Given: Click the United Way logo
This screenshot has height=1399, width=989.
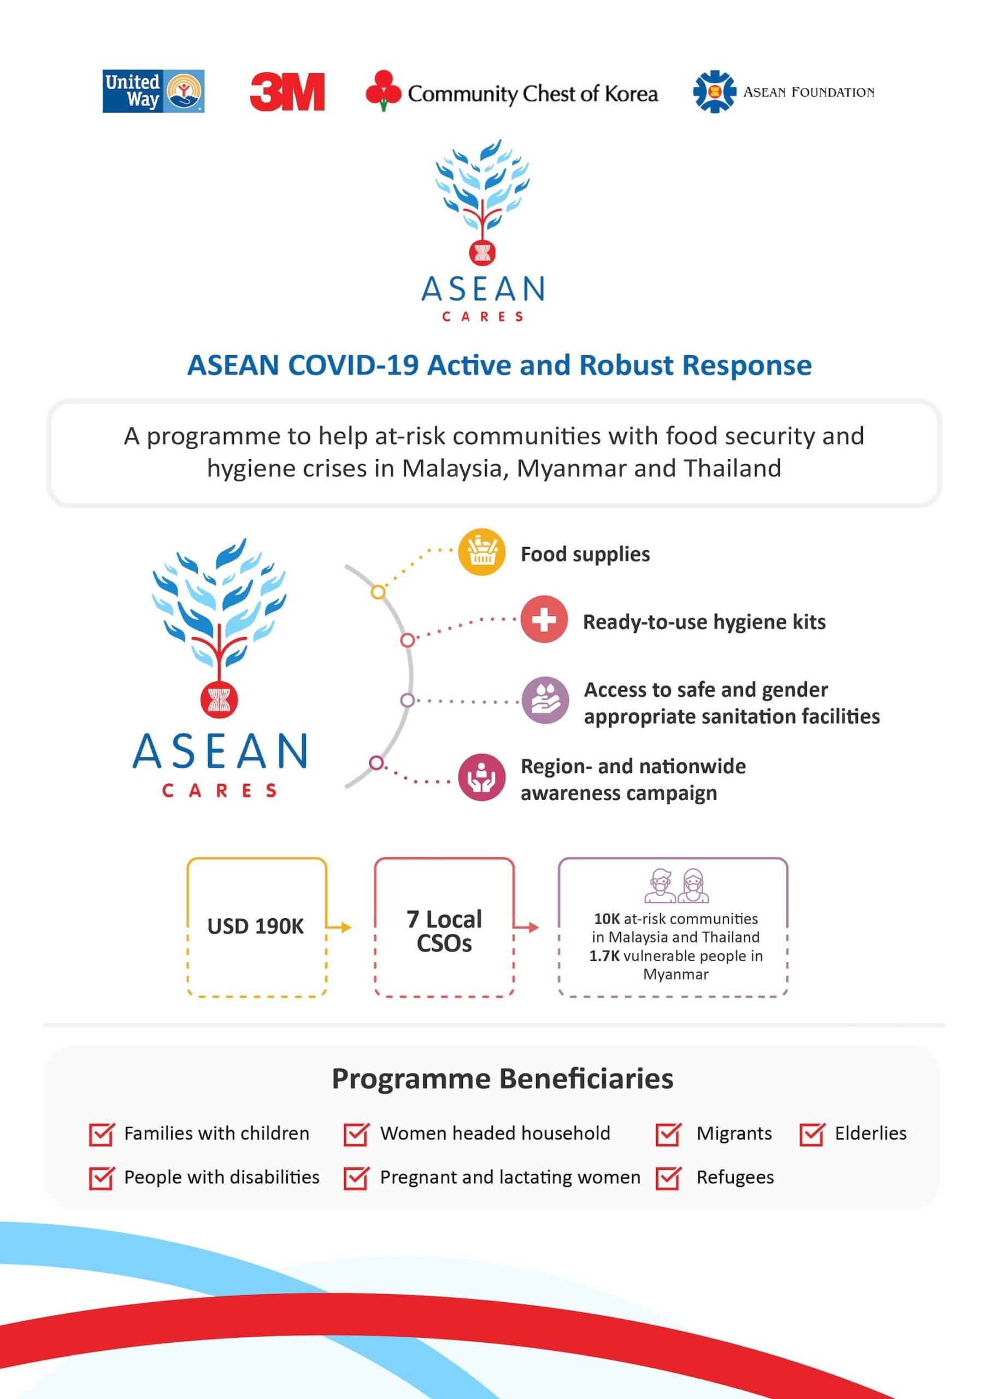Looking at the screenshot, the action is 153,91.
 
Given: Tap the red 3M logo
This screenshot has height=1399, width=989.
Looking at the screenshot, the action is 287,92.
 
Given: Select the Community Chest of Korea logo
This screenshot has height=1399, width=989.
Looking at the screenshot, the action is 511,91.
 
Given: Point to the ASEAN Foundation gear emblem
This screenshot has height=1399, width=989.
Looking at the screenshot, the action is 714,92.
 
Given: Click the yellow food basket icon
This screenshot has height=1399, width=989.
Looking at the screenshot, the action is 481,552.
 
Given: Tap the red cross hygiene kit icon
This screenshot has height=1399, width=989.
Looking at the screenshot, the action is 544,620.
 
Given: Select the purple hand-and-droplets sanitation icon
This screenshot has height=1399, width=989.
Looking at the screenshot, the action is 545,700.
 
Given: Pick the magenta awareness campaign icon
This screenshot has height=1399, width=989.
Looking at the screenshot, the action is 481,777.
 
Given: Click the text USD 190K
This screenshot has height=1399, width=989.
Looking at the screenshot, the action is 255,926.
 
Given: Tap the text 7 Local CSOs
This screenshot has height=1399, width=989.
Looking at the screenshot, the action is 444,931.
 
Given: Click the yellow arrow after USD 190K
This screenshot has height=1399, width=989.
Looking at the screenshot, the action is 339,927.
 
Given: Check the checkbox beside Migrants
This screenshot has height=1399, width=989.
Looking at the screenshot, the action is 668,1134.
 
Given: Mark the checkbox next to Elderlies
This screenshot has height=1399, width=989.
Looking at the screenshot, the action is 811,1134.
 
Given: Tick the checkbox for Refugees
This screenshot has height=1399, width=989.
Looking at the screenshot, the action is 668,1178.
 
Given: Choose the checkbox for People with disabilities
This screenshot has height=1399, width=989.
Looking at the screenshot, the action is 101,1178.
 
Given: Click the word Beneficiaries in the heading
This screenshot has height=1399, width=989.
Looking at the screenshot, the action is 586,1079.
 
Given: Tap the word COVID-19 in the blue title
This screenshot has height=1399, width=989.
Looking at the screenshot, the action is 354,365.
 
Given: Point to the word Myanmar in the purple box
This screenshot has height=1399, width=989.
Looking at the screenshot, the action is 676,974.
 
